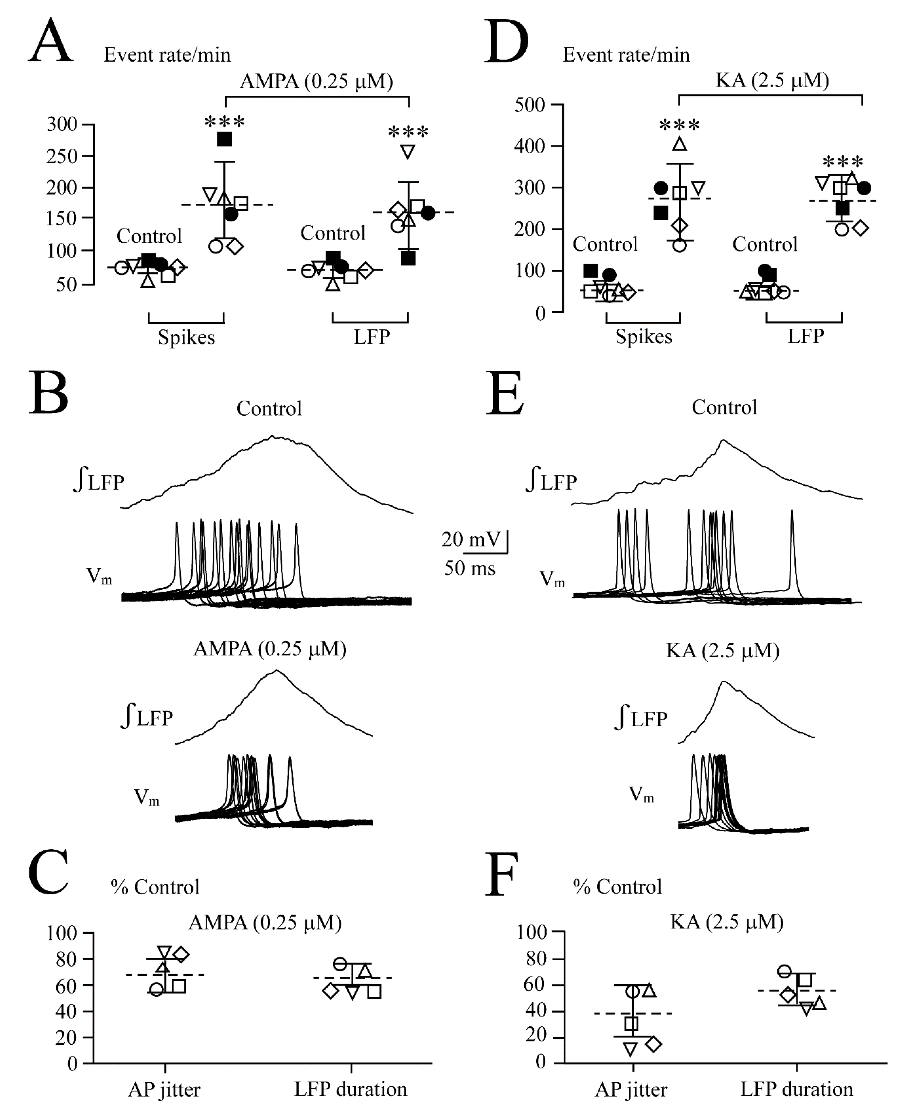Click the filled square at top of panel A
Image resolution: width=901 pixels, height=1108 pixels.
point(224,139)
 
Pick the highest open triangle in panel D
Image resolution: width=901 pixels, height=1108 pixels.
point(679,144)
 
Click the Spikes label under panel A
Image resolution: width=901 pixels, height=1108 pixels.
point(186,337)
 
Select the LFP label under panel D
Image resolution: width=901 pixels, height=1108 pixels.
point(806,336)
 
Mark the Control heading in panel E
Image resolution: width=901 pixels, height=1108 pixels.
point(724,407)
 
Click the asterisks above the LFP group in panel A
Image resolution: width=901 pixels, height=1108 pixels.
point(408,132)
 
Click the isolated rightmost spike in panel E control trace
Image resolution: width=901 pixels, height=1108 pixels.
point(792,550)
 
